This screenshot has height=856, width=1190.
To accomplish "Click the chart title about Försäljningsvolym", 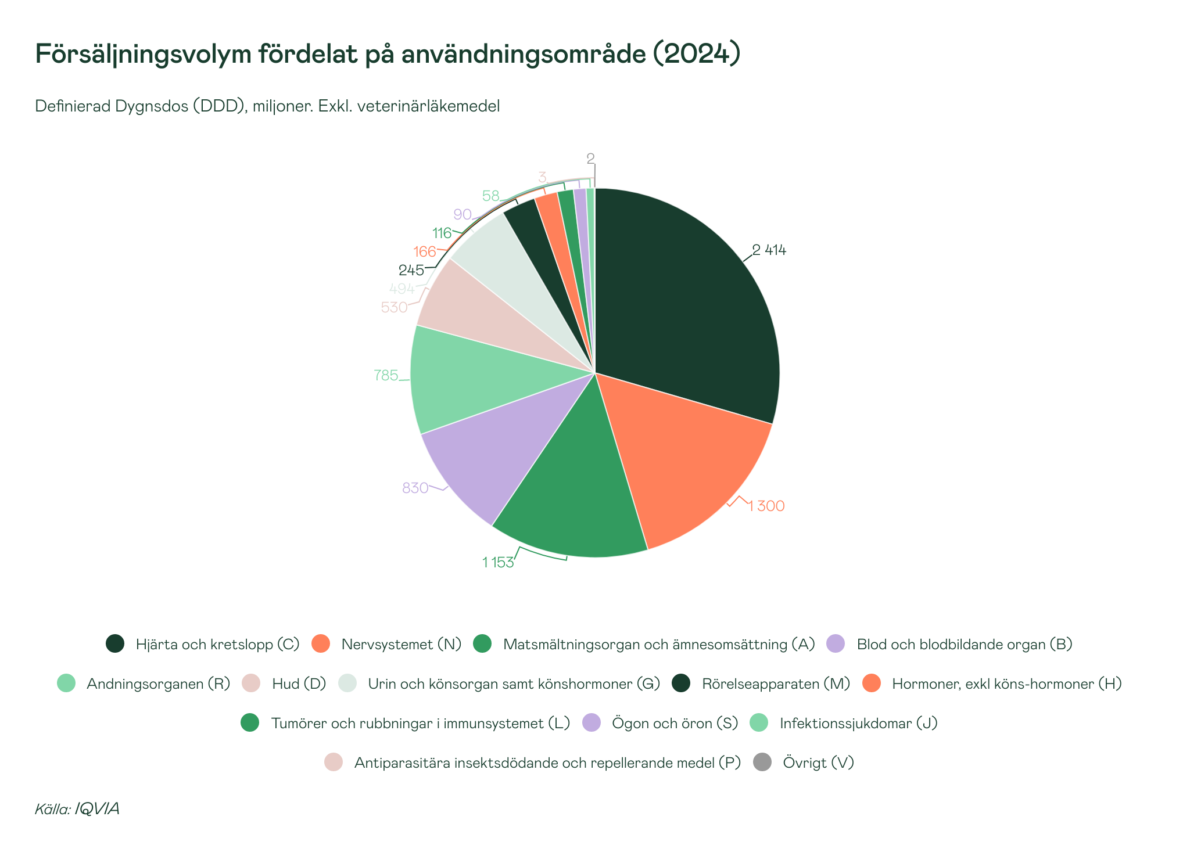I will [388, 54].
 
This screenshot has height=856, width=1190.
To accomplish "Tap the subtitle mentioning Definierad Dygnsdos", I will [267, 106].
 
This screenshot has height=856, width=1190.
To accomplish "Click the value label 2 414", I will [769, 250].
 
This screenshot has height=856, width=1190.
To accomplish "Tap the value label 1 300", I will [766, 506].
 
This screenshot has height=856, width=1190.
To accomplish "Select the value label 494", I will [402, 289].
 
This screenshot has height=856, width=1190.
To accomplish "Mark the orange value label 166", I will [424, 251].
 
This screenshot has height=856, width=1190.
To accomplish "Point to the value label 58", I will [491, 196].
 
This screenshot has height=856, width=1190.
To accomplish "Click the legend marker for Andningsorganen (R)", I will [66, 684].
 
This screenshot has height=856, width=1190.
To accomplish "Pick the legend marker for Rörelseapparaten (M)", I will [681, 684].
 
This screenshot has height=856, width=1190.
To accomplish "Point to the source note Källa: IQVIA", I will [77, 809].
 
